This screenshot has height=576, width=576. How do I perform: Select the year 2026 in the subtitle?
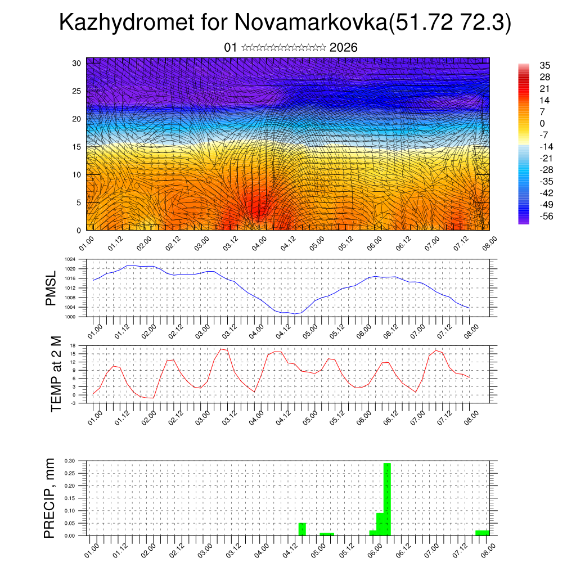(x=344, y=47)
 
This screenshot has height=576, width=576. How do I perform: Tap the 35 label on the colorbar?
(x=544, y=65)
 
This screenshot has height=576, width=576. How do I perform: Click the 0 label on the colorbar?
(x=542, y=124)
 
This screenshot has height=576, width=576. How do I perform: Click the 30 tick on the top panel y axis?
(x=76, y=63)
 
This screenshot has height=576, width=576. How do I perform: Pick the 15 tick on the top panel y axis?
(x=76, y=147)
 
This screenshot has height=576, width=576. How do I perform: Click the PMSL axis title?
(x=51, y=289)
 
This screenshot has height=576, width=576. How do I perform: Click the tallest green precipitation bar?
(x=387, y=498)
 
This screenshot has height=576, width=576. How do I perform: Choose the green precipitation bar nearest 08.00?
(x=482, y=533)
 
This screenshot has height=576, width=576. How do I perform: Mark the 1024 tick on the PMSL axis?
(x=70, y=260)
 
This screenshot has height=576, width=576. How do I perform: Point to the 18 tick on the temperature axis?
(x=73, y=345)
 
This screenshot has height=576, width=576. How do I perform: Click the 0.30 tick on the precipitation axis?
(x=69, y=461)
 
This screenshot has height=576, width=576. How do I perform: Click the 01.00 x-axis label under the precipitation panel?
(x=93, y=549)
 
